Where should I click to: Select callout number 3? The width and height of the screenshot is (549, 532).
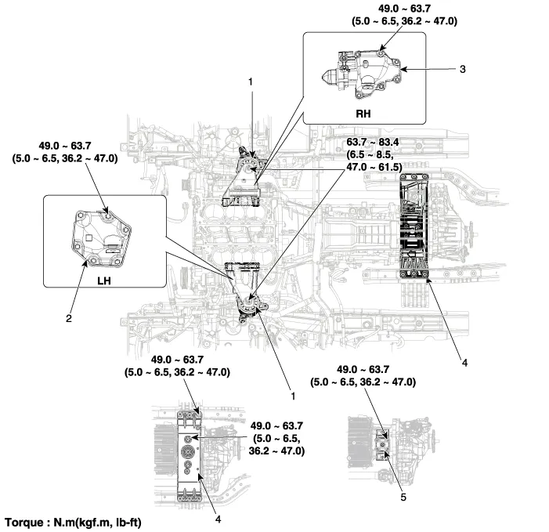pyautogui.click(x=463, y=69)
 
